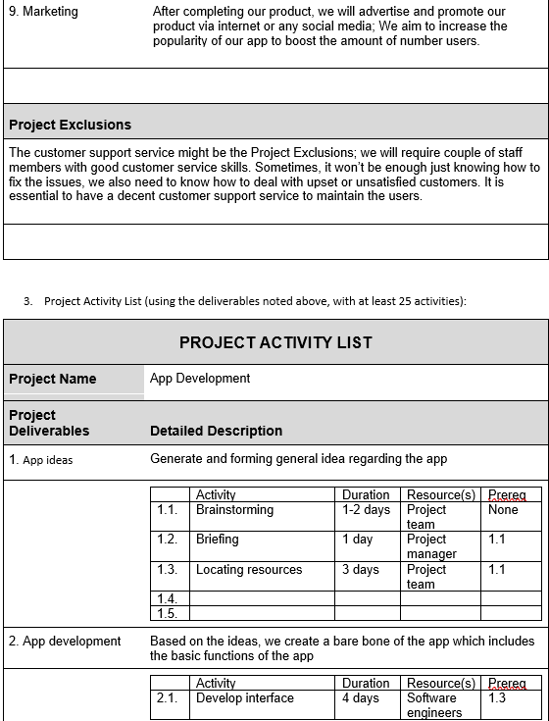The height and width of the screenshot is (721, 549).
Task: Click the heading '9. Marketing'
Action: click(x=43, y=12)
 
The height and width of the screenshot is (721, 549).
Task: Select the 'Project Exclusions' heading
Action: click(x=70, y=125)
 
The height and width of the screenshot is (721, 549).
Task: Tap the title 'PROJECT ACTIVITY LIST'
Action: click(x=275, y=342)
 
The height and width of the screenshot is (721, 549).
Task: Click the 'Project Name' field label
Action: click(x=53, y=379)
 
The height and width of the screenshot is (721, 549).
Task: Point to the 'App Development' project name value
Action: click(x=200, y=378)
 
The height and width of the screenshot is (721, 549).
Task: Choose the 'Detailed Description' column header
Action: click(x=216, y=431)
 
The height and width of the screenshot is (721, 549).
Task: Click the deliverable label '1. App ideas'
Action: click(x=41, y=459)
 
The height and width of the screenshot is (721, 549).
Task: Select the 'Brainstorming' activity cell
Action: click(x=234, y=510)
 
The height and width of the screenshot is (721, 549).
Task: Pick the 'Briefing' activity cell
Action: click(x=217, y=540)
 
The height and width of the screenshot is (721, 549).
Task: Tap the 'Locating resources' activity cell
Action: click(x=249, y=570)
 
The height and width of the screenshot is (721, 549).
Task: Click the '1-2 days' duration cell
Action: click(x=366, y=510)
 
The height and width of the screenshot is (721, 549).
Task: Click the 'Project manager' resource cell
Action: click(x=431, y=546)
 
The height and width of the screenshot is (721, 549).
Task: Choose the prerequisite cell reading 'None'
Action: click(x=503, y=510)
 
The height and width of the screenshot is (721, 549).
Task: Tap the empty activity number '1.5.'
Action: click(x=167, y=614)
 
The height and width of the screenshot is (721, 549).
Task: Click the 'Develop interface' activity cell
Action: click(x=244, y=698)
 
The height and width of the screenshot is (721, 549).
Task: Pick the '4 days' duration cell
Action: click(x=361, y=698)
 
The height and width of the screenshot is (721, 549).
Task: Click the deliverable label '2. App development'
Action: click(x=65, y=642)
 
